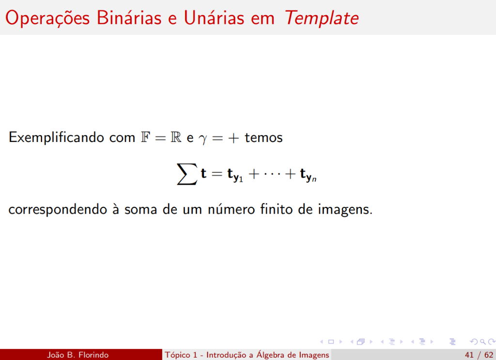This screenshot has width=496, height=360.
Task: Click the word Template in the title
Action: (322, 18)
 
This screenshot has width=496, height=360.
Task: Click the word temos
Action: (263, 138)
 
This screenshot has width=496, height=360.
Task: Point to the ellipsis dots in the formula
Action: (273, 174)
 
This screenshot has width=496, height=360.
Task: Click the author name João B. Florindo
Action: (77, 355)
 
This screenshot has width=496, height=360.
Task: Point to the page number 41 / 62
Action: (479, 355)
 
